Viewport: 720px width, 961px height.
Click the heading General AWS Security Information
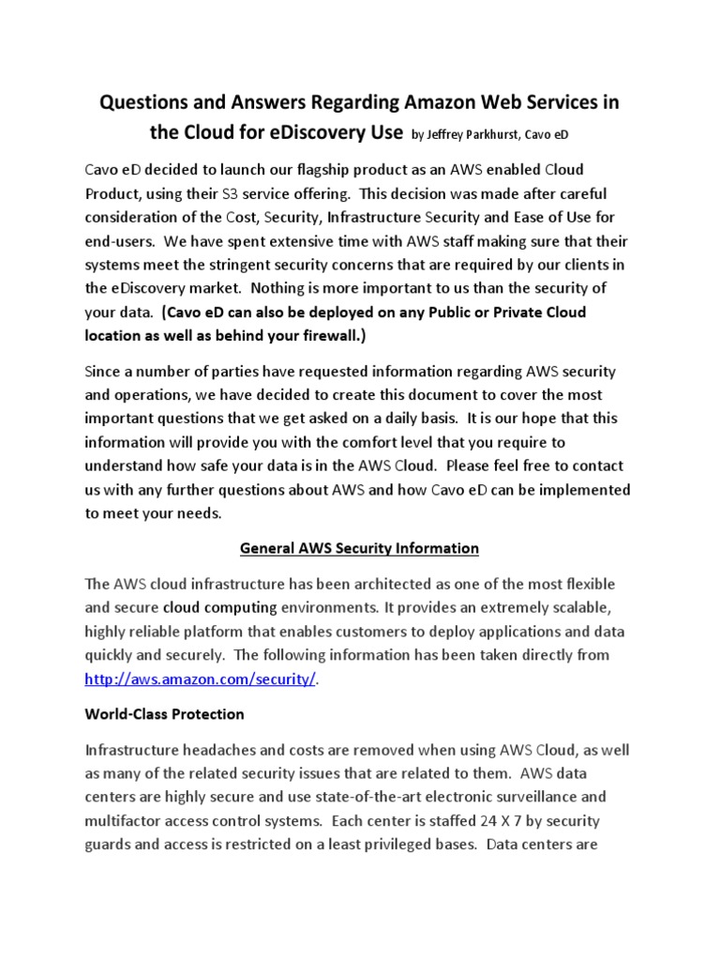(x=360, y=547)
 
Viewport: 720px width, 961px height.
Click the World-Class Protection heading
(x=164, y=713)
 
